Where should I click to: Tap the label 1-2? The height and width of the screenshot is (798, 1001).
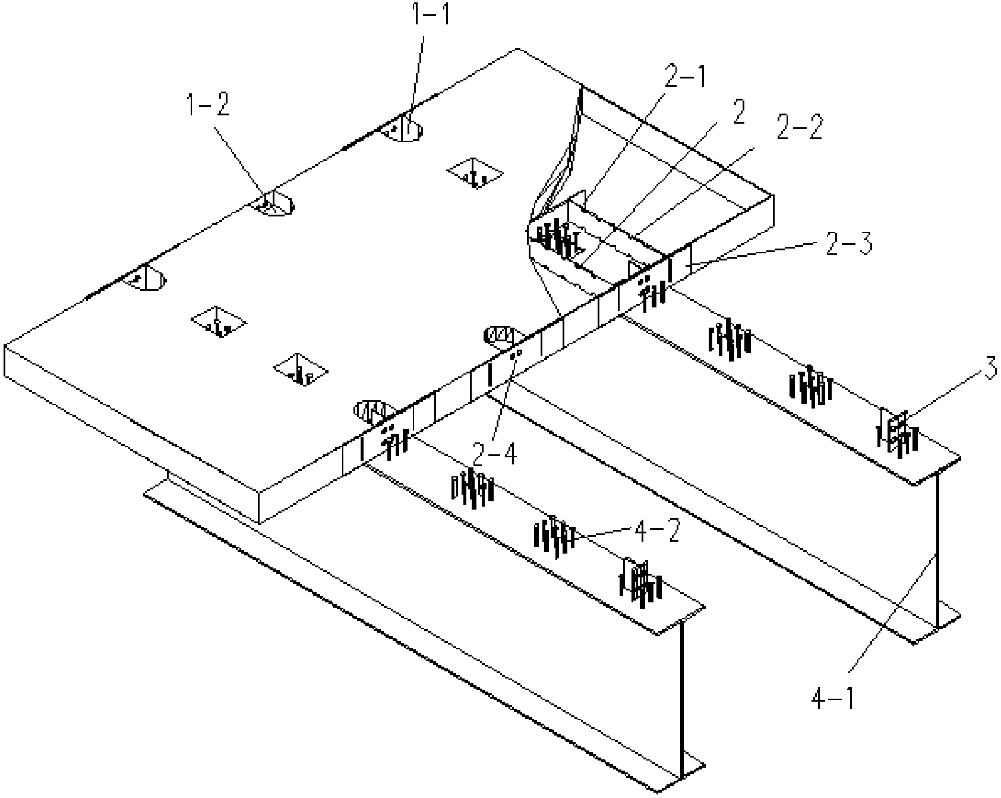coord(208,108)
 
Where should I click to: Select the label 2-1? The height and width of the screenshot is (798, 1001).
coord(686,78)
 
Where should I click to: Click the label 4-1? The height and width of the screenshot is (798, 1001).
coord(833,698)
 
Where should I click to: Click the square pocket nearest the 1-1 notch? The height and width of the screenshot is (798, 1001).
coord(475,173)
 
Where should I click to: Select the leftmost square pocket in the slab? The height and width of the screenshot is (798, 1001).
coord(219,322)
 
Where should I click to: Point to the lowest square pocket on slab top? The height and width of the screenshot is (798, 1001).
coord(301,369)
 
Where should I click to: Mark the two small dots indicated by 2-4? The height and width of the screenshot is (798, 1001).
coord(516,354)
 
